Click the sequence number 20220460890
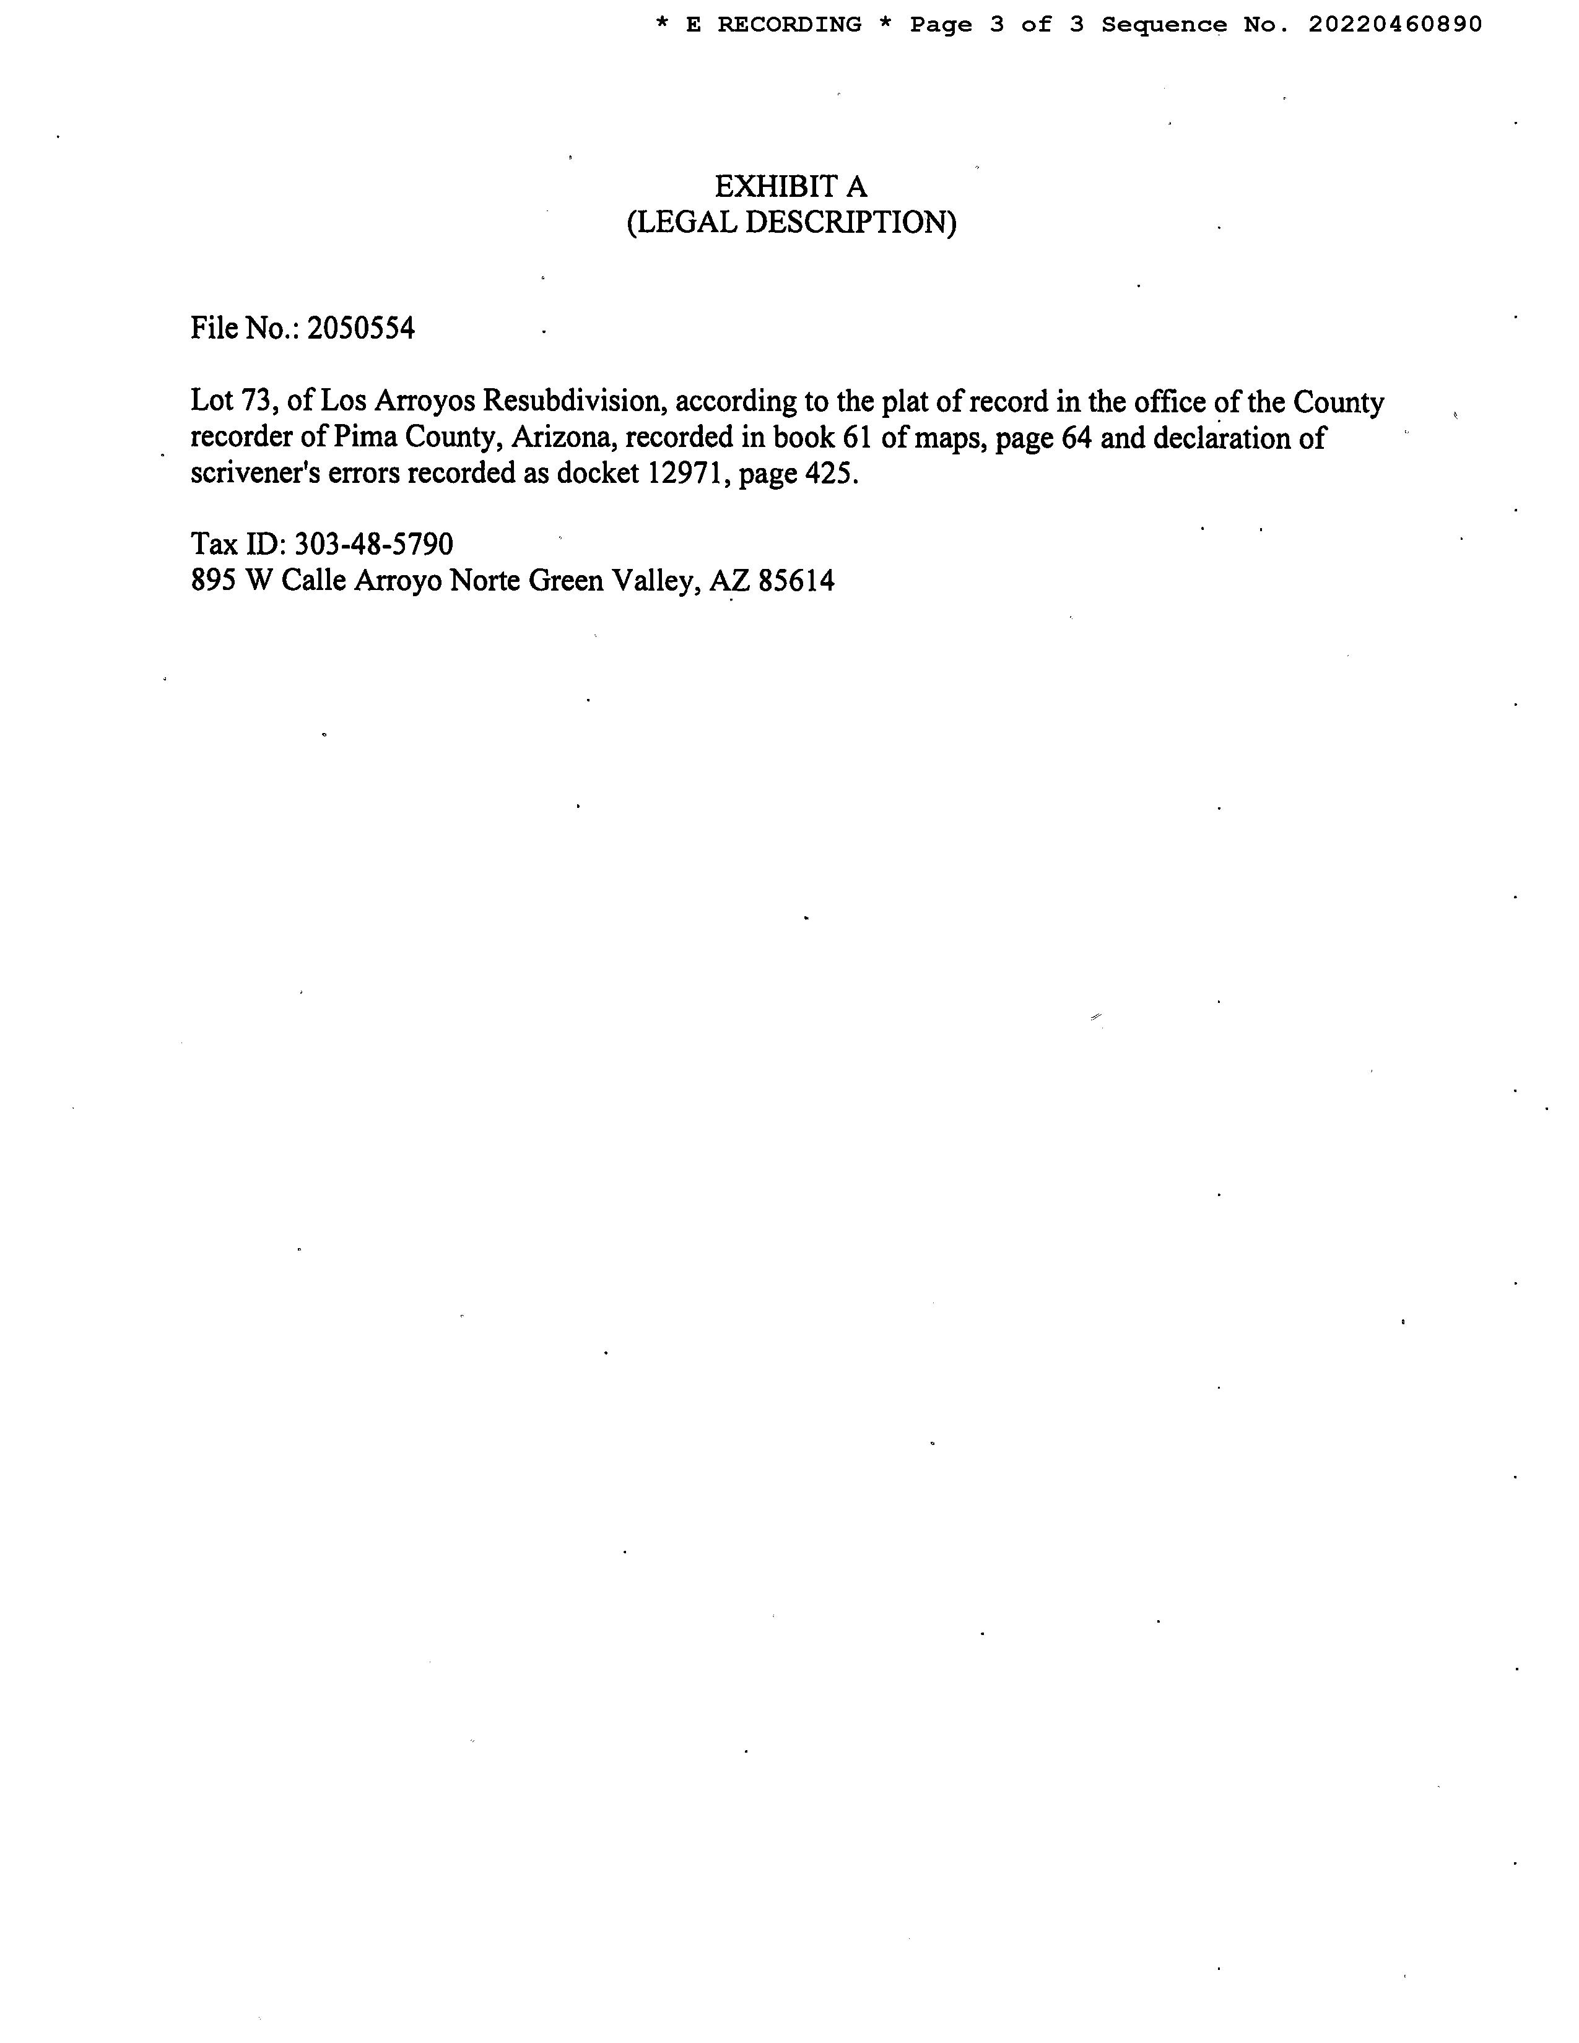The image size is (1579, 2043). (x=1394, y=25)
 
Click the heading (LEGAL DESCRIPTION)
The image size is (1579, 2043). (x=791, y=223)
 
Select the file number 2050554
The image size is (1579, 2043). (x=361, y=328)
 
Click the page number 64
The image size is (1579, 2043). (x=1077, y=438)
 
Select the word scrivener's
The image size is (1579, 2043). (x=255, y=474)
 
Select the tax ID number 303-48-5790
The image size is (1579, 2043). (x=374, y=544)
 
